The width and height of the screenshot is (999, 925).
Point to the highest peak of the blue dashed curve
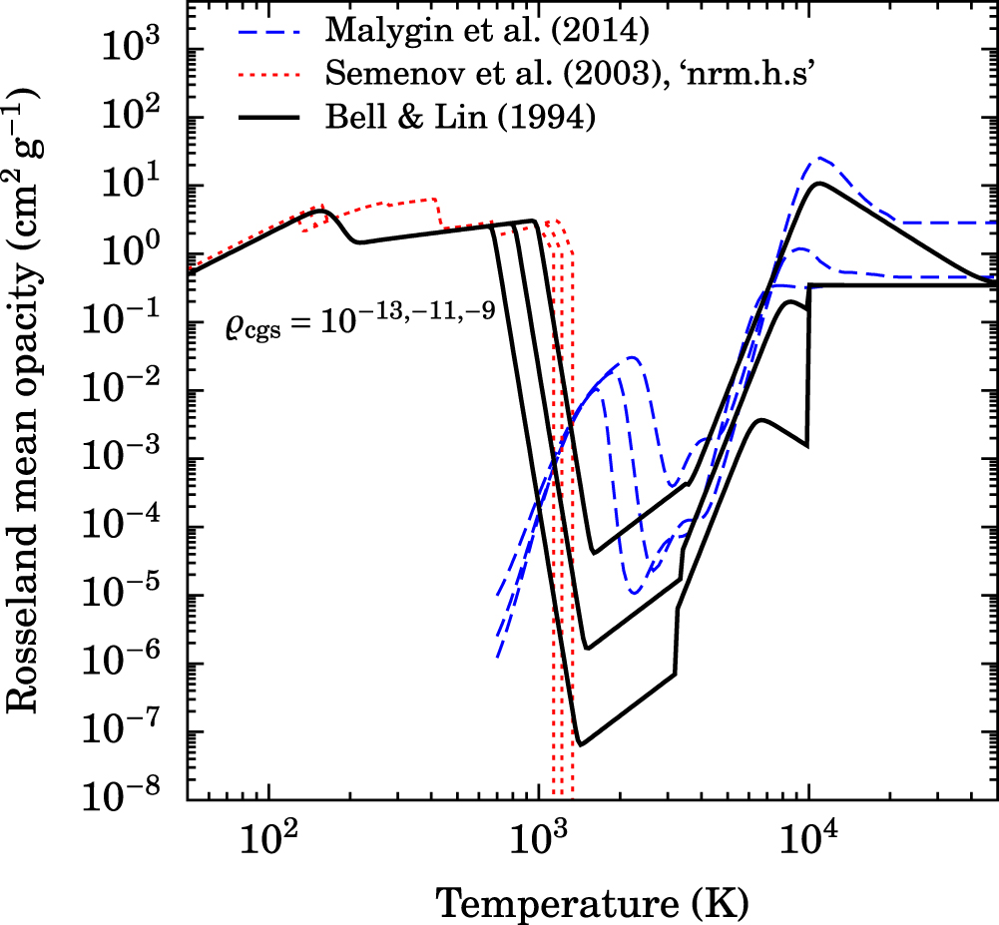pyautogui.click(x=820, y=158)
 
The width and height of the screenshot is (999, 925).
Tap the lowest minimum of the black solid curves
pyautogui.click(x=581, y=743)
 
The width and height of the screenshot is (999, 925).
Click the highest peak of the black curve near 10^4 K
pyautogui.click(x=819, y=183)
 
